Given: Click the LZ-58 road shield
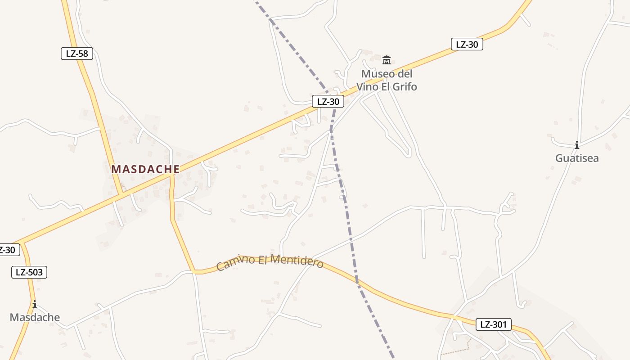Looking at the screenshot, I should coord(77,54).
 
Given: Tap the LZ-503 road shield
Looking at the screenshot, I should coord(29,272).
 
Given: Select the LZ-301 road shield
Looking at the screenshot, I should coord(494,324).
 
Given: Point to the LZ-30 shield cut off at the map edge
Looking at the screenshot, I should coord(8,250).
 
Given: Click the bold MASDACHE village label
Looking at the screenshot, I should coord(145,169).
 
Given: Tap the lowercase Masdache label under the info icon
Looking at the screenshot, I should coord(35,317).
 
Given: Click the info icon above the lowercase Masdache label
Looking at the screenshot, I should coord(35,305).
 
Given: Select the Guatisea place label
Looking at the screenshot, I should coord(577,158).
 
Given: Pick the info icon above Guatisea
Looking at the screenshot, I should coord(576,145).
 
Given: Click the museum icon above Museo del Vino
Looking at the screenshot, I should coord(387,60).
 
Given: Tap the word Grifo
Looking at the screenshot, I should coord(404,87).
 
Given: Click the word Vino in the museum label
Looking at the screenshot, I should coord(368,87).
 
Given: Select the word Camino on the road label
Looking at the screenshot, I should coord(232,263).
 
